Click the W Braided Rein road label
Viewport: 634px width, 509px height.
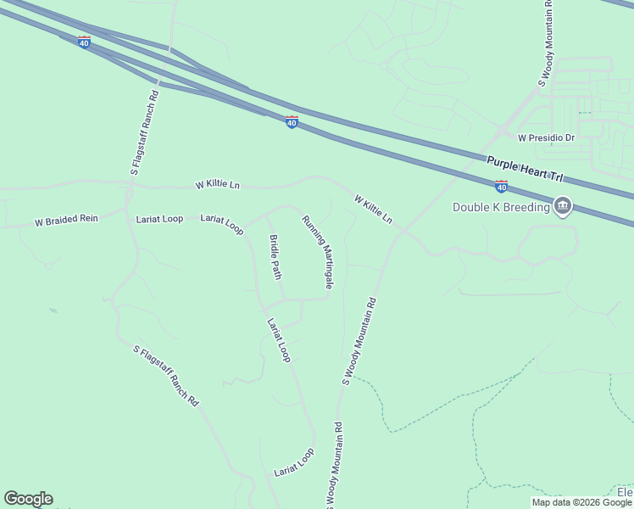coord(66,220)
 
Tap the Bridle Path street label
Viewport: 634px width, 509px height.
coord(275,257)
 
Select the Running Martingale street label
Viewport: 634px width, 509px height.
coord(318,251)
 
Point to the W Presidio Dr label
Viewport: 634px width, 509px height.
coord(547,137)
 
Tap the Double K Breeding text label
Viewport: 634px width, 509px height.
coord(501,207)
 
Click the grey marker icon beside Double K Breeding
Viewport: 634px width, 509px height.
coord(563,205)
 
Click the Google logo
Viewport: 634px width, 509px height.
coord(28,499)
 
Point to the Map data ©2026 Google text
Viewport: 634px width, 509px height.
coord(581,502)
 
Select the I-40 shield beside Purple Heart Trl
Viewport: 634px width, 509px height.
coord(501,186)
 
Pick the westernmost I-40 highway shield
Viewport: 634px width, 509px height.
coord(84,42)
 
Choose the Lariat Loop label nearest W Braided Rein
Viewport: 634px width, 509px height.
coord(159,219)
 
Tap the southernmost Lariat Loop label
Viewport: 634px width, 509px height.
coord(294,462)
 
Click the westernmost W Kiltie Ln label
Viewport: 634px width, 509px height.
coord(218,184)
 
